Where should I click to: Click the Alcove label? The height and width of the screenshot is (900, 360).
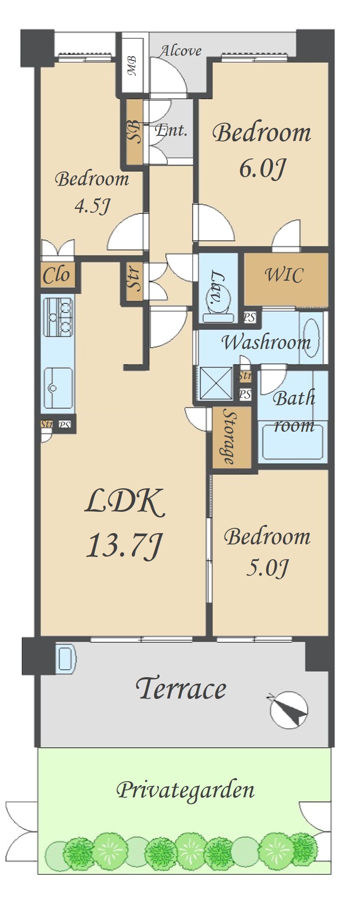pos(181,50)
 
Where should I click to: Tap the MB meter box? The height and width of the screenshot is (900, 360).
pos(132,65)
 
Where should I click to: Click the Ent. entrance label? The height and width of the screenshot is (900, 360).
pos(171,130)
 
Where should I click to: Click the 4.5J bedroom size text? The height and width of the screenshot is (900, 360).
pos(91,205)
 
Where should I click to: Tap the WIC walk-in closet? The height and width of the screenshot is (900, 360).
pos(285,279)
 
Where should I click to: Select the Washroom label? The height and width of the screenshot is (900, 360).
pos(266,342)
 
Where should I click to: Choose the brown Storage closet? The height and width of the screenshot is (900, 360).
pos(232,437)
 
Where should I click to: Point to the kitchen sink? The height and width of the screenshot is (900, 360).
pos(58,388)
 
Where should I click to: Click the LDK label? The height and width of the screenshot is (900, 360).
pos(124,502)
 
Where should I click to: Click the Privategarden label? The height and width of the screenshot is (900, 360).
pos(185,789)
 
